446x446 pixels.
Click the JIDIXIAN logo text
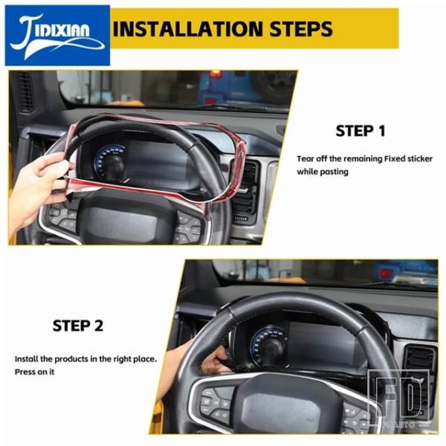(54, 32)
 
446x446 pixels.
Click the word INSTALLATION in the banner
(188, 29)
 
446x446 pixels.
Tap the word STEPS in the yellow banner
(301, 29)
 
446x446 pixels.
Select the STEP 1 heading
(361, 131)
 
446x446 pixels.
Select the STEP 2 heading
(77, 326)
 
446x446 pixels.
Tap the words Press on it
(34, 372)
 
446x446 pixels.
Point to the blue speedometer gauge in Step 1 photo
(110, 161)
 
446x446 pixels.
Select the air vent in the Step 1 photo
(245, 188)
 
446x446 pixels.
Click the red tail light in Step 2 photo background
(386, 274)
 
